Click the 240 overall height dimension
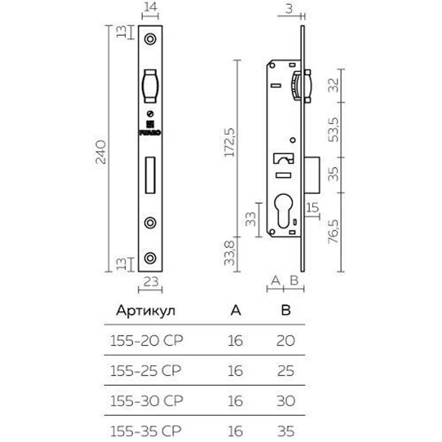pyautogui.click(x=101, y=152)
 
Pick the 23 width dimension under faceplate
pyautogui.click(x=150, y=282)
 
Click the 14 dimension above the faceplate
pyautogui.click(x=150, y=7)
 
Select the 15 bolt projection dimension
pyautogui.click(x=312, y=207)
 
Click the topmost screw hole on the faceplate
pyautogui.click(x=150, y=39)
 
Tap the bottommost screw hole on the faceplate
pyautogui.click(x=150, y=258)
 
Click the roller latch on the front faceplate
pyautogui.click(x=150, y=84)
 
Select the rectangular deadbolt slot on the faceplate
pyautogui.click(x=150, y=175)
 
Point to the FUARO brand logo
pyautogui.click(x=150, y=128)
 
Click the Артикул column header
pyautogui.click(x=145, y=311)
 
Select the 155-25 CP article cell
pyautogui.click(x=145, y=370)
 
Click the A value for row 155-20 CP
pyautogui.click(x=236, y=341)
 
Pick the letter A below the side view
pyautogui.click(x=275, y=280)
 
